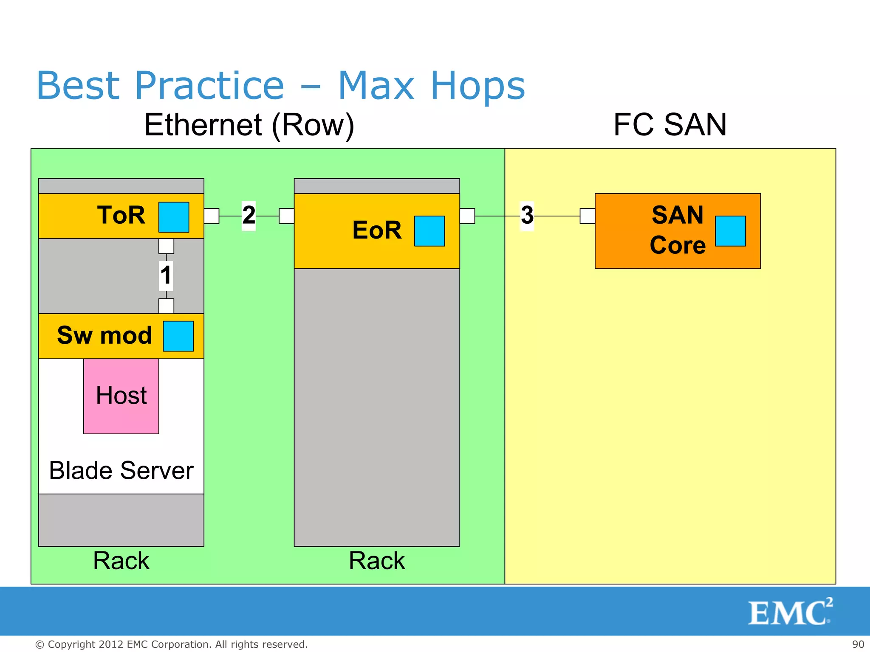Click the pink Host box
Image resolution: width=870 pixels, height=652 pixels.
[121, 396]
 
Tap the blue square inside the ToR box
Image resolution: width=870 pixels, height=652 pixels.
[174, 217]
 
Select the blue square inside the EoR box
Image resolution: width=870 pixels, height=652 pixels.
[429, 231]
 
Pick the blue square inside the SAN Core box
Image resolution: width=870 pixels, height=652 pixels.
[730, 231]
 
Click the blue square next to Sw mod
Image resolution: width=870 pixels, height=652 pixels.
[178, 336]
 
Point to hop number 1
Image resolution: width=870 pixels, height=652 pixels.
[166, 275]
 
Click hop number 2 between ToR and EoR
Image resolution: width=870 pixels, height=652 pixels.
[249, 215]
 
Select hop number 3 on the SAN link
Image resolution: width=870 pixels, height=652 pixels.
[527, 215]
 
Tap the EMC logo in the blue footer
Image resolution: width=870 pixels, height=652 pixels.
[789, 612]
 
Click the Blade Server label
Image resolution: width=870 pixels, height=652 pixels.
[121, 470]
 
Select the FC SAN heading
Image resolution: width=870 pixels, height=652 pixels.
[670, 125]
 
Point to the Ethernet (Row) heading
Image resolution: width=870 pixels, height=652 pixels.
[249, 125]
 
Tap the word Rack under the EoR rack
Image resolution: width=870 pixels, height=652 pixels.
[376, 560]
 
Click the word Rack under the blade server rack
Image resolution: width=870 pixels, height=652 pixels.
[121, 560]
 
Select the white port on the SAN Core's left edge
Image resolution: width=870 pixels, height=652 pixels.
[588, 216]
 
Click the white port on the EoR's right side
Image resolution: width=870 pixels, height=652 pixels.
[467, 216]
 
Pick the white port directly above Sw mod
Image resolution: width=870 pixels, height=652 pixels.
[166, 306]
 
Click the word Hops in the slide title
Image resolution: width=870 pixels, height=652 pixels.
[477, 86]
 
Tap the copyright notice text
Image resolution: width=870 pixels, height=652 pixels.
[171, 644]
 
